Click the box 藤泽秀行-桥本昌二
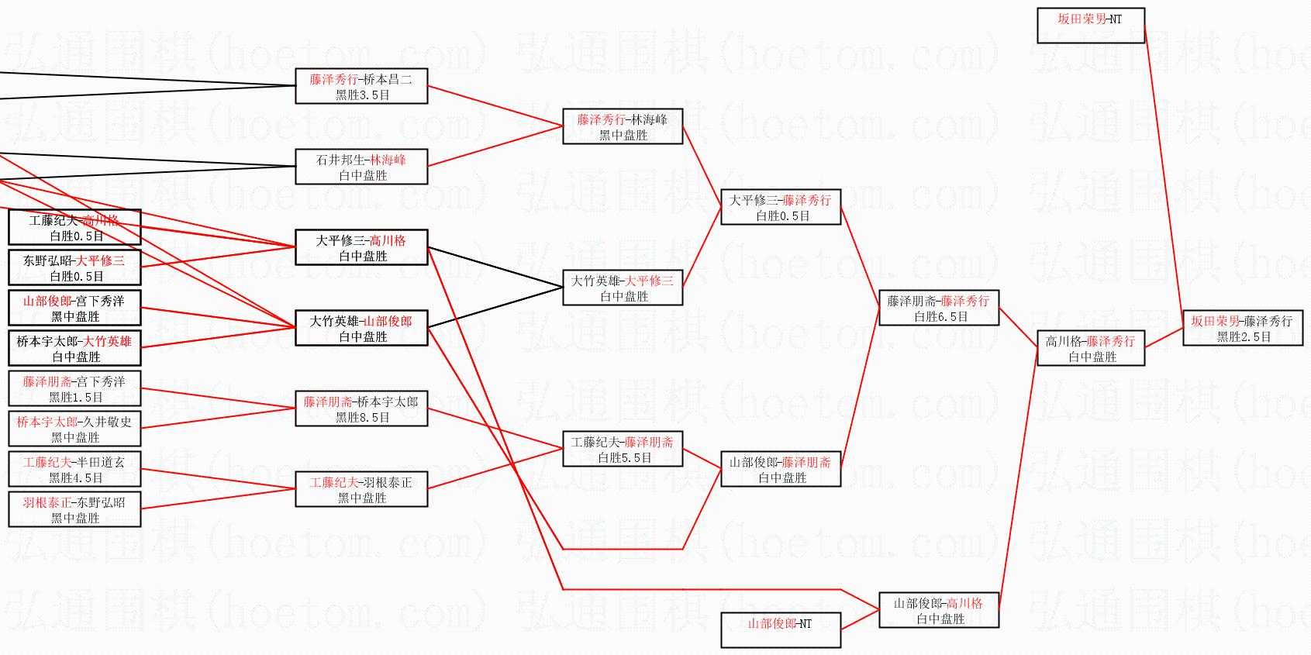click(361, 86)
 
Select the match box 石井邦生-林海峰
click(361, 167)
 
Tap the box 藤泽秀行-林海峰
click(622, 126)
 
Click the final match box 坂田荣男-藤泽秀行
click(1242, 328)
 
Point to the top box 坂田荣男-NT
click(1090, 25)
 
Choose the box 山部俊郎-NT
click(780, 629)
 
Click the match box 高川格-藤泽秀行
click(1090, 348)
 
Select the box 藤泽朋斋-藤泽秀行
click(938, 308)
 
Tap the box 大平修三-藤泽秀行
click(780, 207)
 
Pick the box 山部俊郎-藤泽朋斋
click(780, 469)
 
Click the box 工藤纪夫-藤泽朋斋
click(622, 449)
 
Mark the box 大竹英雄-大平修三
click(622, 288)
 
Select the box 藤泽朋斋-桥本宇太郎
click(361, 409)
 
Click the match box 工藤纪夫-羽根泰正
click(361, 489)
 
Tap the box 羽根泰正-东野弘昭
click(74, 509)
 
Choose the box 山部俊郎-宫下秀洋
click(74, 308)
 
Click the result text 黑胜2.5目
click(1244, 336)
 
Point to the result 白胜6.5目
click(940, 316)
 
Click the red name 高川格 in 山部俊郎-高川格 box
click(964, 603)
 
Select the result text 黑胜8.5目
click(363, 417)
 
